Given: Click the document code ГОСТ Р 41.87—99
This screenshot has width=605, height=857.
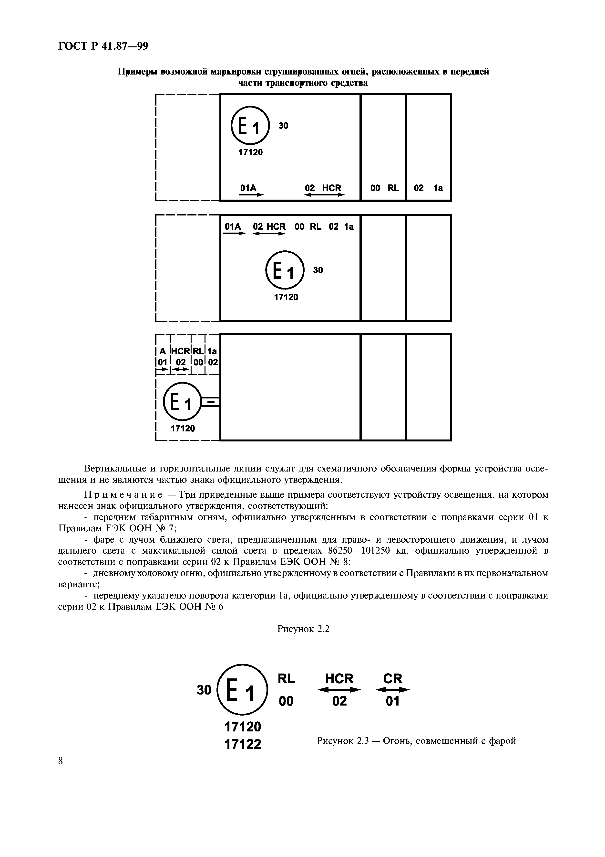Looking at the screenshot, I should (103, 46).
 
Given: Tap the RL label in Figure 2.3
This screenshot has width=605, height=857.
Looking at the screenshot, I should (286, 679).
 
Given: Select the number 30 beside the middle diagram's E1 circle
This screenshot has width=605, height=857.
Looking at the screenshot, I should (318, 270).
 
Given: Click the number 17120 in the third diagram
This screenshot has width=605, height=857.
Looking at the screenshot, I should (183, 428).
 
